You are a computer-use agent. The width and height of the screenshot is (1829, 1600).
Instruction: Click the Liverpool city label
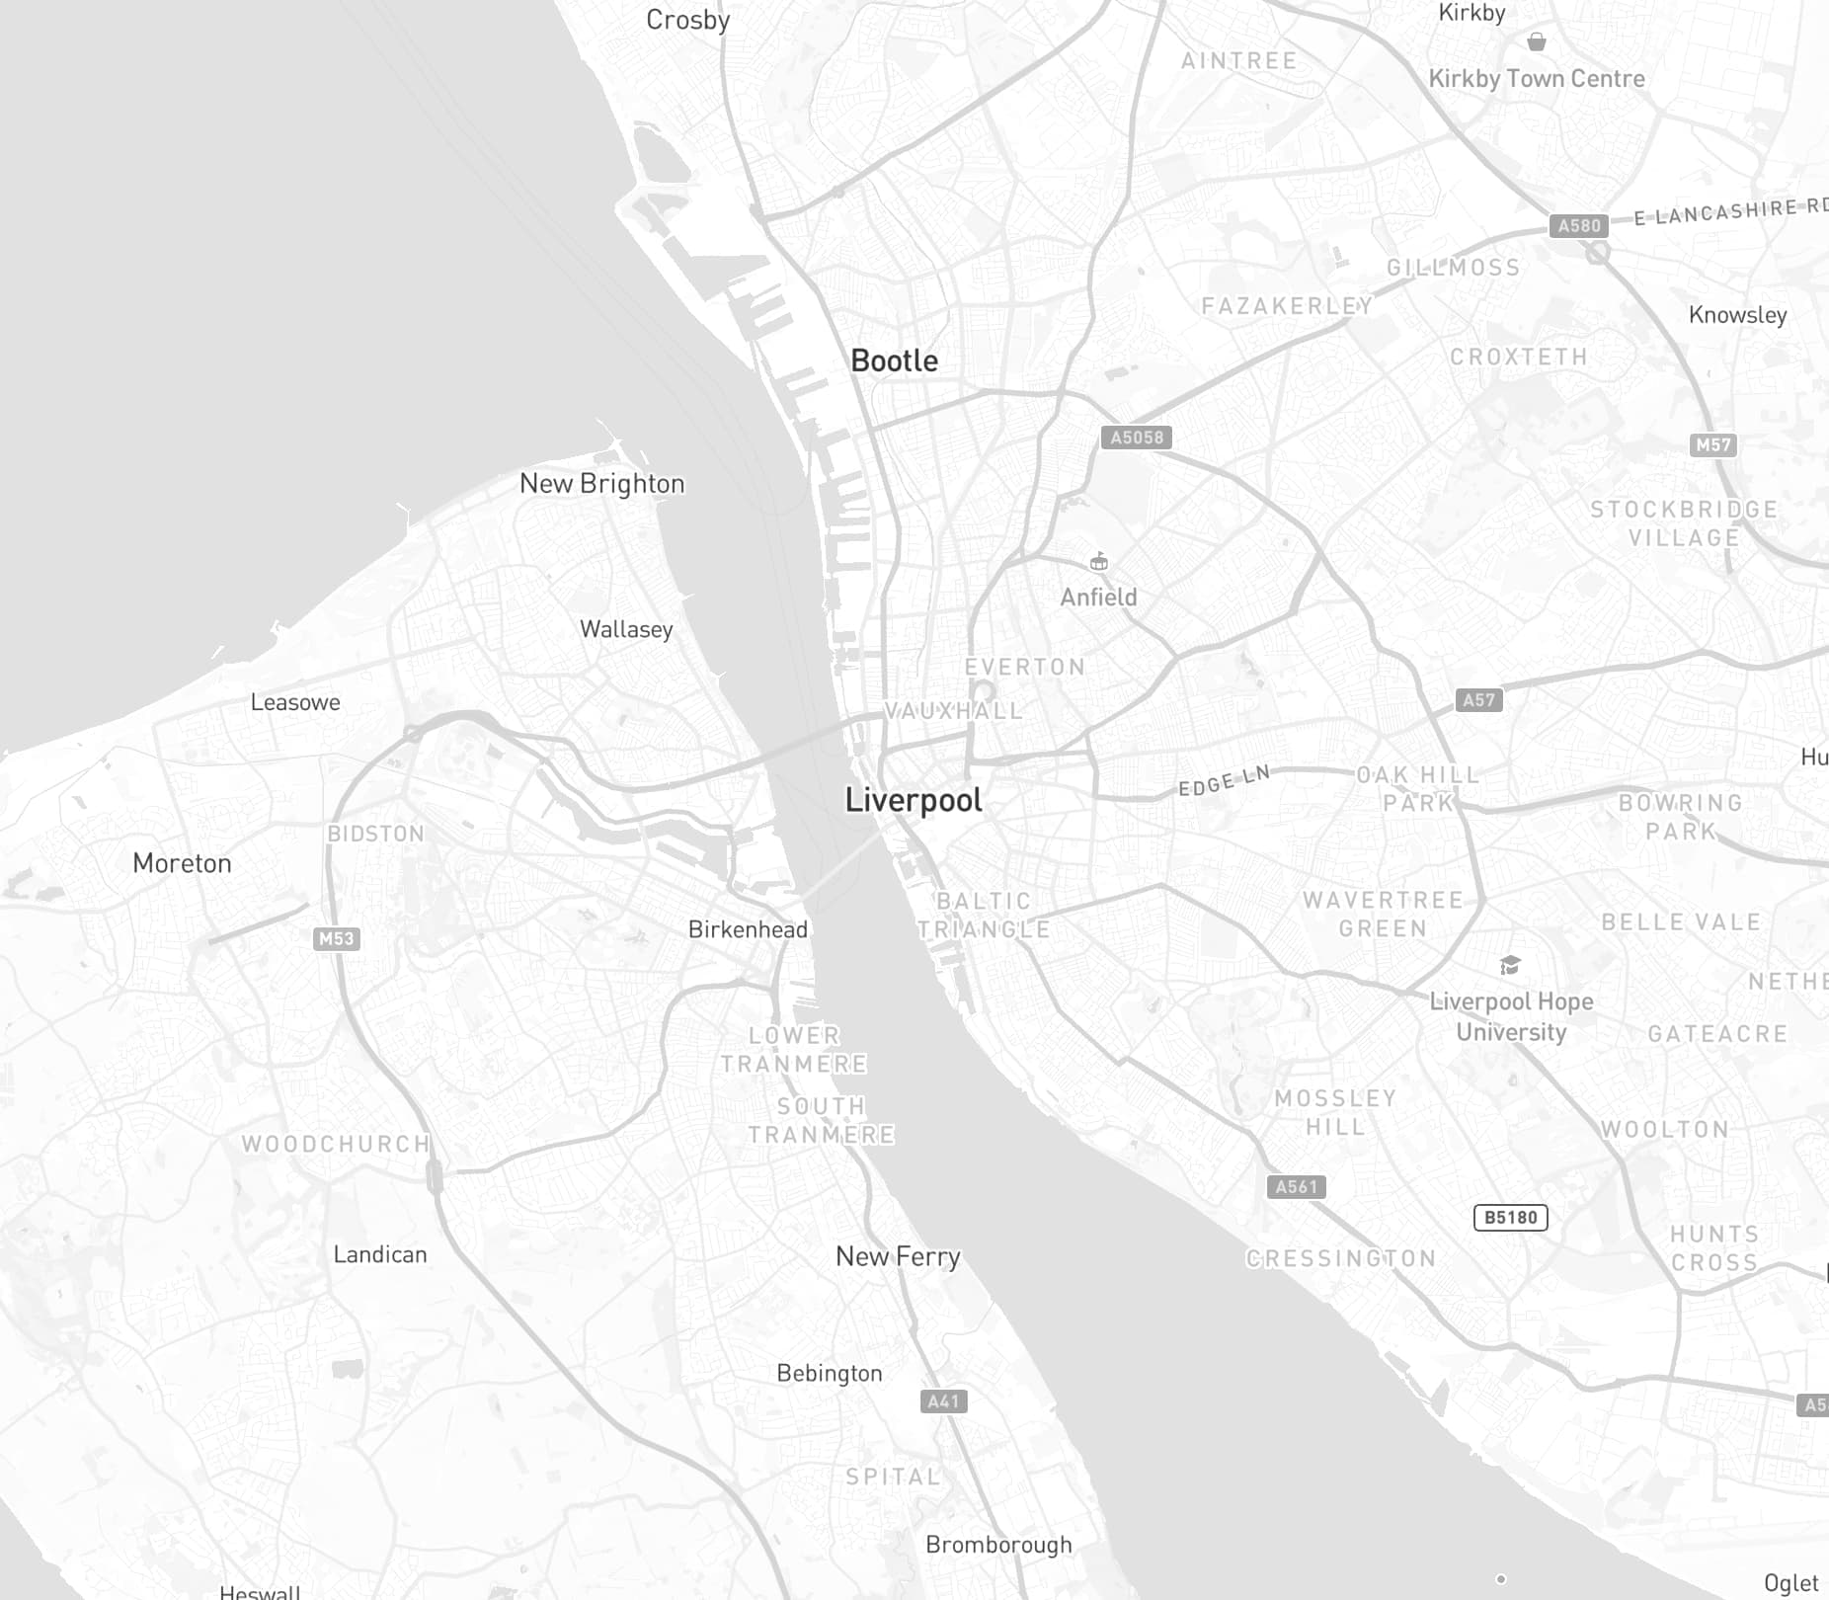(x=914, y=800)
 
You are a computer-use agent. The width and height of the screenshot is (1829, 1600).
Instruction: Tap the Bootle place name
(x=894, y=361)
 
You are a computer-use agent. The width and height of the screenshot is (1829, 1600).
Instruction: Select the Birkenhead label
(x=748, y=929)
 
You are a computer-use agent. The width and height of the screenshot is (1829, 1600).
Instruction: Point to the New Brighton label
(x=601, y=484)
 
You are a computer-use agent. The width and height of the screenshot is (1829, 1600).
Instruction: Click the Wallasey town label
(x=626, y=629)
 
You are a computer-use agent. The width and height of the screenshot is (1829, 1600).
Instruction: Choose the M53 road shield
(x=336, y=938)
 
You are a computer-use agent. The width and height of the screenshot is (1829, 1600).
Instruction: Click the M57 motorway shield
(x=1712, y=444)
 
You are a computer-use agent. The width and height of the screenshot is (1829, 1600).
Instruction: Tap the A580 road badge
(x=1578, y=225)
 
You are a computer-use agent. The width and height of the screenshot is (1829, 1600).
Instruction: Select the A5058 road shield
(x=1136, y=437)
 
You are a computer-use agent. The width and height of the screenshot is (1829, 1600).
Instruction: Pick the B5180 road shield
(x=1510, y=1217)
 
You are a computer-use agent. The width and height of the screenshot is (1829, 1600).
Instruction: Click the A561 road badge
(x=1296, y=1186)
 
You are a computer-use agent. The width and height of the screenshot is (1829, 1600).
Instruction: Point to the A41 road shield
(x=943, y=1400)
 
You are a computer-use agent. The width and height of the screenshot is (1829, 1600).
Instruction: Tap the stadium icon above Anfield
(x=1098, y=562)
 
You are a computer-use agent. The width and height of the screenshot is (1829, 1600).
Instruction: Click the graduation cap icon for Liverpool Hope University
(x=1509, y=965)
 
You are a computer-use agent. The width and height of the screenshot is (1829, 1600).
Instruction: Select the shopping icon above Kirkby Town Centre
(x=1536, y=41)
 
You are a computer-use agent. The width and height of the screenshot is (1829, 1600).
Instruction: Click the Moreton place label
(x=182, y=863)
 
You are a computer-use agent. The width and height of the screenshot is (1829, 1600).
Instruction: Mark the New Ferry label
(x=898, y=1256)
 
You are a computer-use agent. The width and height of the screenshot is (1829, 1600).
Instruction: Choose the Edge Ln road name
(x=1224, y=781)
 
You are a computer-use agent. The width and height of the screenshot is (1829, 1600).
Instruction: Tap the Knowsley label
(x=1737, y=315)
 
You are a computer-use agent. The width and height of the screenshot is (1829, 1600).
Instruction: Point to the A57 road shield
(x=1478, y=700)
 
